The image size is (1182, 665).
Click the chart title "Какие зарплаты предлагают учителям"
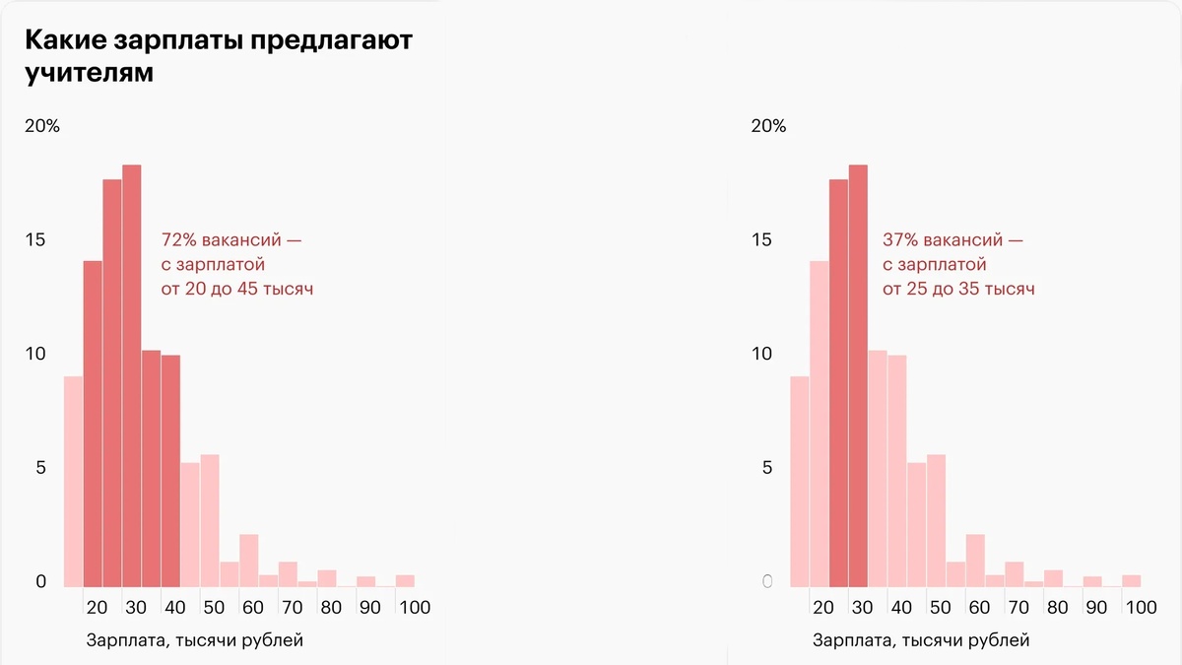[218, 56]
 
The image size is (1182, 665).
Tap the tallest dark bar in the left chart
[131, 374]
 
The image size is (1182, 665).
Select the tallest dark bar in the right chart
[858, 374]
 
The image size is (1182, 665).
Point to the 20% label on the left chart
[41, 126]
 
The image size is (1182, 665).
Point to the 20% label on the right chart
[768, 126]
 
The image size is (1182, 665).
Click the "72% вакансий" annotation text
[235, 240]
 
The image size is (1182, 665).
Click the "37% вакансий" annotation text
[952, 240]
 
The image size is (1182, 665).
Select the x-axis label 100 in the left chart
[415, 608]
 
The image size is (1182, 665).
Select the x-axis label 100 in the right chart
[1141, 608]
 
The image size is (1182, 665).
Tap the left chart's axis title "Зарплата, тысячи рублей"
[195, 641]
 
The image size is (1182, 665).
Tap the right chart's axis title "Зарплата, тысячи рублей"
[921, 641]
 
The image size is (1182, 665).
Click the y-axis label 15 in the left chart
[35, 240]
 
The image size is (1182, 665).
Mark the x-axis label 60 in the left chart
[253, 608]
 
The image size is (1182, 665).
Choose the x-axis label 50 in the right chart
[941, 608]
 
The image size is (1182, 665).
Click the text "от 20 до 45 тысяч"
[237, 290]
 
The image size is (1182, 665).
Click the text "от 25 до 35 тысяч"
[958, 290]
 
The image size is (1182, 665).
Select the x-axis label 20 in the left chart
[97, 608]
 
